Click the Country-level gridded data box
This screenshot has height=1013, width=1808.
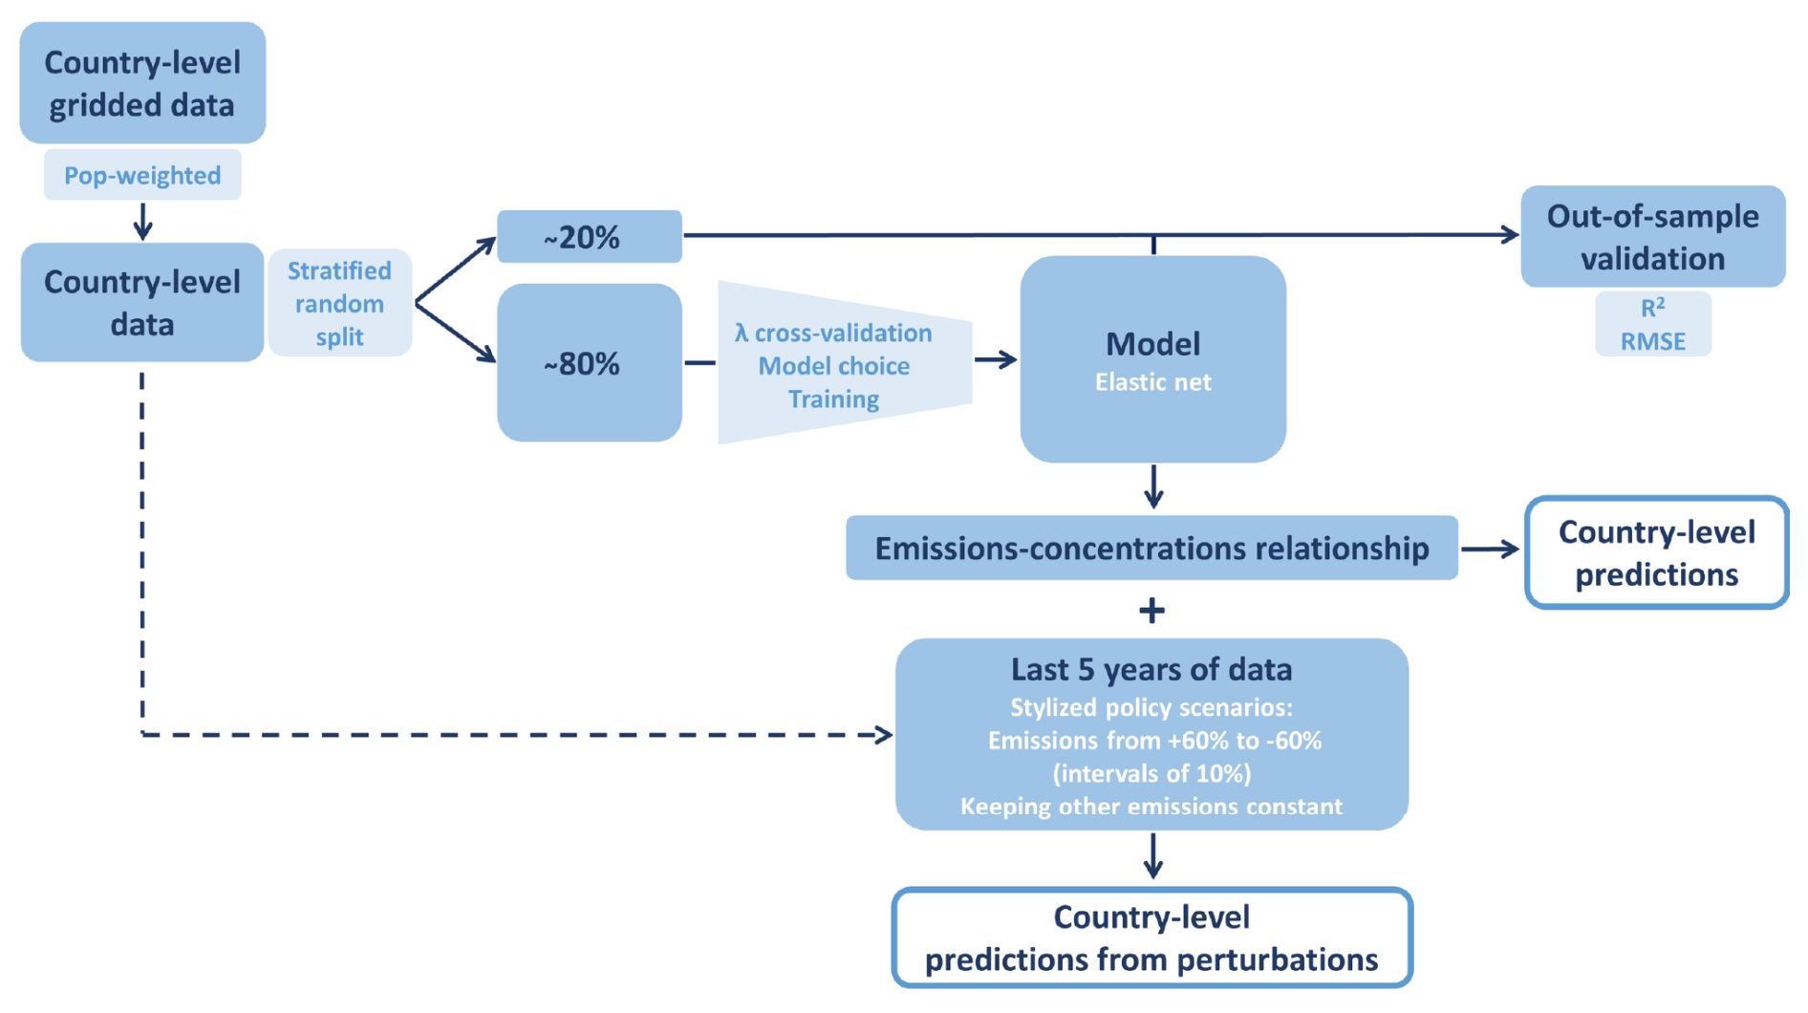point(142,83)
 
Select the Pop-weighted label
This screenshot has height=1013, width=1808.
point(142,175)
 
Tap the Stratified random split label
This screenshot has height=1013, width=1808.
point(339,303)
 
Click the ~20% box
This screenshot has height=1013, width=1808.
point(590,236)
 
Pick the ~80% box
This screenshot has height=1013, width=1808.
point(590,362)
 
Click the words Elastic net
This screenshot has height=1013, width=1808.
point(1152,382)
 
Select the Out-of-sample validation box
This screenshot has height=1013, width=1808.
point(1653,236)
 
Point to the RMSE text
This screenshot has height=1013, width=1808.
point(1653,341)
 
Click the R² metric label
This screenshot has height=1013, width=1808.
point(1653,308)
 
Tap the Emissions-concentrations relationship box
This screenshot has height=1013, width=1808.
point(1152,548)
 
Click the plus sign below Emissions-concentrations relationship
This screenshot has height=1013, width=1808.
point(1152,610)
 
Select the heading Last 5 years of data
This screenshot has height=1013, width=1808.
point(1152,669)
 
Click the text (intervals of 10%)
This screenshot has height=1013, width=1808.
point(1152,773)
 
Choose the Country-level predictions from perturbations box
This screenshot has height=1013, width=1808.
point(1152,938)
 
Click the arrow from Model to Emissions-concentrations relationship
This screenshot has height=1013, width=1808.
point(1153,486)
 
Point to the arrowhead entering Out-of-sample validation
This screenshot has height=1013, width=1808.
point(1510,234)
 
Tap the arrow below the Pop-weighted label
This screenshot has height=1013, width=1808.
point(142,221)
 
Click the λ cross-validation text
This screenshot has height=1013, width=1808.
point(833,333)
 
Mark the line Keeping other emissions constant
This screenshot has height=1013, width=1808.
point(1152,807)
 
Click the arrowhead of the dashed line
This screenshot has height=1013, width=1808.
point(883,735)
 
